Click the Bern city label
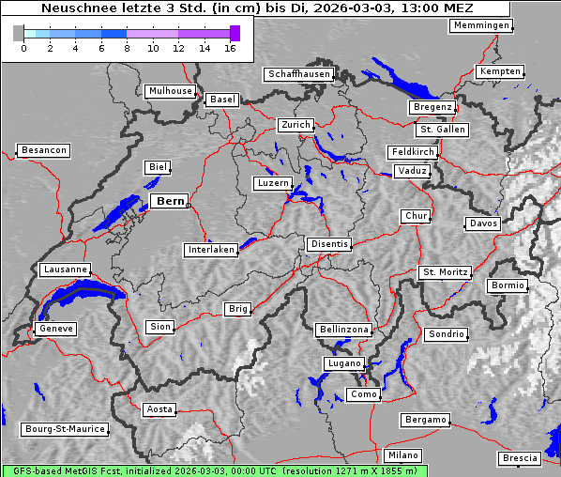(x=170, y=201)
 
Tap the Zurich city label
(x=295, y=125)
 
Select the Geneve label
(x=55, y=329)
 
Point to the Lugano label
(x=341, y=363)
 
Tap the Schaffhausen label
(x=298, y=73)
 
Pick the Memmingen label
(x=480, y=25)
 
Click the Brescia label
(x=520, y=458)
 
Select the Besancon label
(x=43, y=150)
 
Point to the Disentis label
(x=328, y=244)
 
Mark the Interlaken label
(x=210, y=250)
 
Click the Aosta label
(x=159, y=409)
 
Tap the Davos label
(x=483, y=223)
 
